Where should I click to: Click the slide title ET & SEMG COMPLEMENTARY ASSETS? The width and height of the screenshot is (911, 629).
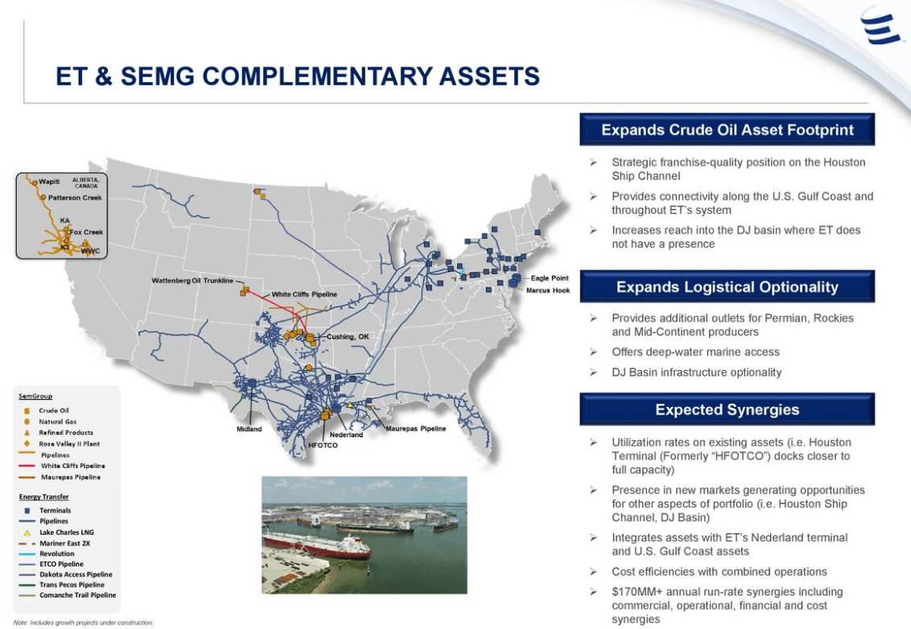click(297, 76)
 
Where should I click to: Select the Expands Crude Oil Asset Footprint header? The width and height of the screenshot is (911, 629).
click(727, 129)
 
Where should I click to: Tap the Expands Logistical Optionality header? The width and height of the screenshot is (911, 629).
click(727, 287)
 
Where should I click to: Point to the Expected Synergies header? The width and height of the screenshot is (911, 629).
click(727, 409)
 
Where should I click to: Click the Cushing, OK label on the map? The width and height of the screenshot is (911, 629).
click(348, 336)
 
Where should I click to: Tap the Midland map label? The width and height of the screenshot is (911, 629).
click(249, 429)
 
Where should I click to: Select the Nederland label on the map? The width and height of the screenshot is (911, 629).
click(346, 434)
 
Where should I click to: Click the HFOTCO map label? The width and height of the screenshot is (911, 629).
click(324, 445)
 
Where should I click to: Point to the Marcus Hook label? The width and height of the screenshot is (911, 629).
click(547, 290)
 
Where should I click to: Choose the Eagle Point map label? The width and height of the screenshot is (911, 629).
click(549, 278)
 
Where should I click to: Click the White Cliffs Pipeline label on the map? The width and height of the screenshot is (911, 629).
click(304, 294)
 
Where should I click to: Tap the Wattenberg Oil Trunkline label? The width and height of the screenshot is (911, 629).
click(192, 280)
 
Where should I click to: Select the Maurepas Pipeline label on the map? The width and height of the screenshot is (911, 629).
click(415, 429)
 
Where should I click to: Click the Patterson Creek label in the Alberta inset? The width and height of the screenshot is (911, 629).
click(75, 197)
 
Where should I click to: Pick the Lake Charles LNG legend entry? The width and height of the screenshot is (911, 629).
click(67, 532)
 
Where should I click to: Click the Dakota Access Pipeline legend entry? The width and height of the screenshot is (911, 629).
click(76, 574)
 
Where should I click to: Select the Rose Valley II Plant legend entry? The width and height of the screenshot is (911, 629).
click(69, 443)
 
